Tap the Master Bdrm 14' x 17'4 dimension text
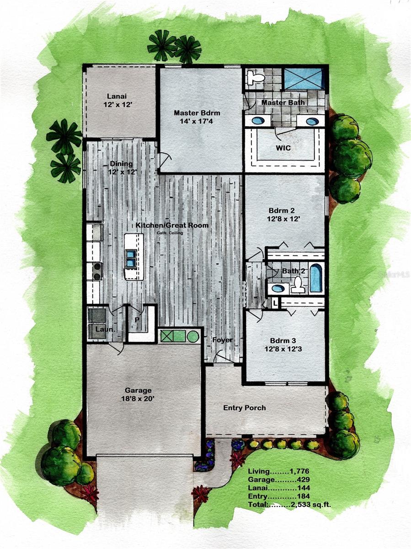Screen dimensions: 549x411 click(x=197, y=122)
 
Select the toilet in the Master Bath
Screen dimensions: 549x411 click(x=255, y=77)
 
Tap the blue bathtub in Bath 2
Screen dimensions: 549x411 click(x=315, y=278)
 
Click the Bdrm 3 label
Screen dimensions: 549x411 click(x=281, y=340)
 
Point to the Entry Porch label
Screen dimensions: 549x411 click(x=244, y=408)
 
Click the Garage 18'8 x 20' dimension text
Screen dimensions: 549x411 click(x=138, y=399)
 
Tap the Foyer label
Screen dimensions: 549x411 click(x=222, y=340)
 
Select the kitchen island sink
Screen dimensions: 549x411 click(x=131, y=258)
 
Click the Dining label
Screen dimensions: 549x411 click(x=121, y=164)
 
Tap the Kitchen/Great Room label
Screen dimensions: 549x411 click(x=171, y=225)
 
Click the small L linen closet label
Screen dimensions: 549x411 click(x=274, y=302)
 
